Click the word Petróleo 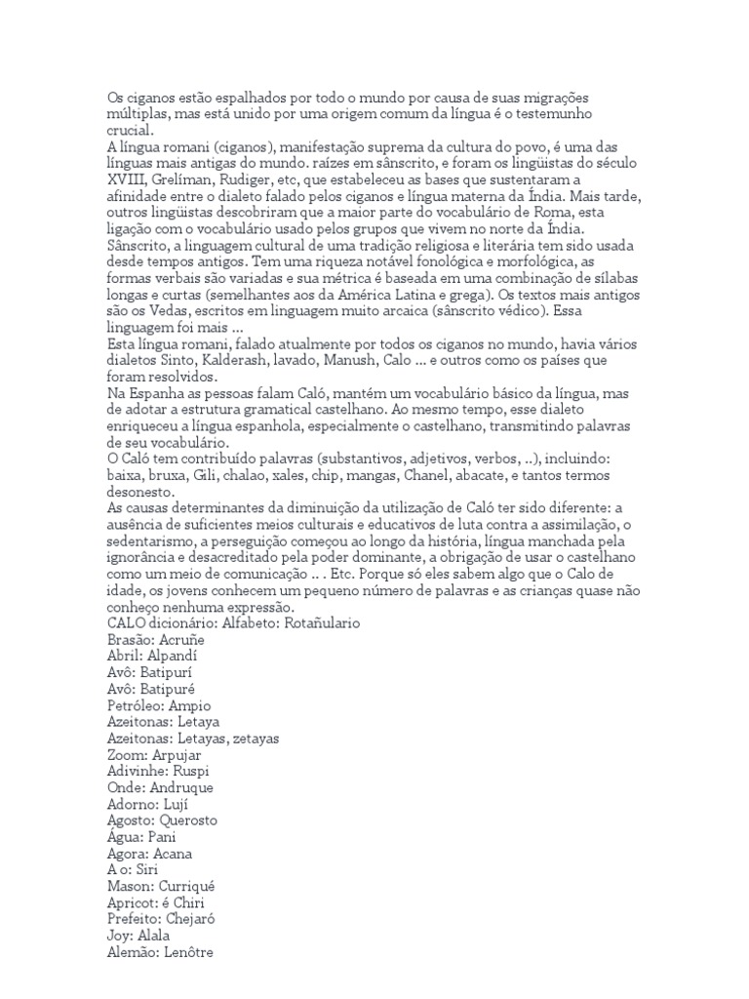tap(136, 704)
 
